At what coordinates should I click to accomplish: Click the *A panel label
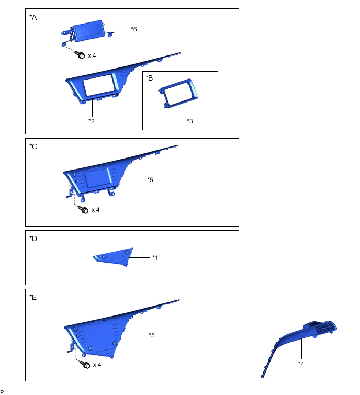tap(33, 17)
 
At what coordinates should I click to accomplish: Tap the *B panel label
tap(150, 78)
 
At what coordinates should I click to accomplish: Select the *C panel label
tap(33, 146)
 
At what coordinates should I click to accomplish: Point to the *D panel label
tap(33, 239)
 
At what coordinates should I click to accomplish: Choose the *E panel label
tap(33, 297)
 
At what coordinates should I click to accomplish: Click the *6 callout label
tap(134, 29)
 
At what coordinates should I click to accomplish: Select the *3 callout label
tap(190, 120)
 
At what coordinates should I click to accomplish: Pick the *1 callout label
tap(155, 257)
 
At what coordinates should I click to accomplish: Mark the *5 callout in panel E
tap(152, 335)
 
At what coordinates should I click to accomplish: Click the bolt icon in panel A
tap(81, 54)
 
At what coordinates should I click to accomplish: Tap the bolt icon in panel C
tap(83, 209)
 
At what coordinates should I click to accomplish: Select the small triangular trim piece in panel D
tap(114, 257)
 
